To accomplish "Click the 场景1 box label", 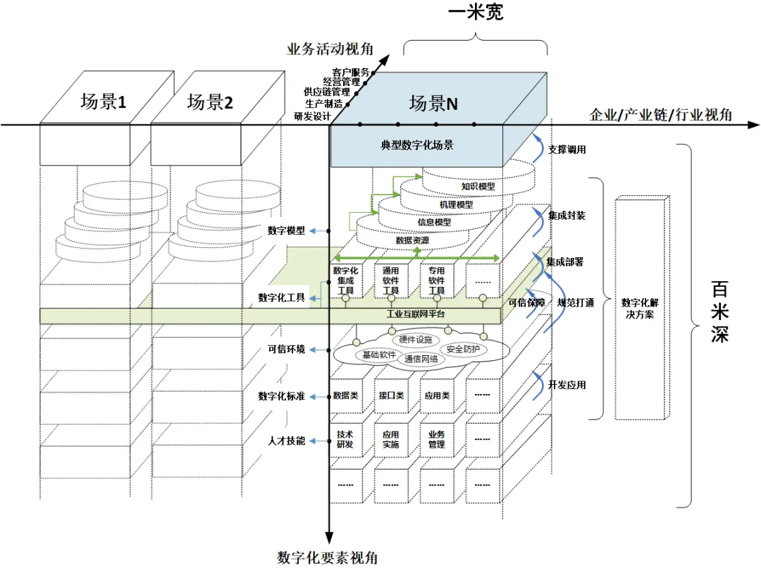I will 103,101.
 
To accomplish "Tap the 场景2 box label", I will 209,101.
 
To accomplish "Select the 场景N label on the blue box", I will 433,104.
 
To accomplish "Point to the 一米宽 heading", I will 476,12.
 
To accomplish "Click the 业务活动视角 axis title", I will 330,49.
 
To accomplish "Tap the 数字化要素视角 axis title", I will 328,557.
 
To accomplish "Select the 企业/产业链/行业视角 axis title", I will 660,115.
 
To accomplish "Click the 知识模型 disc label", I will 478,187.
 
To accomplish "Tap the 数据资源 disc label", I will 412,240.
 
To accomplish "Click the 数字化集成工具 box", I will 345,281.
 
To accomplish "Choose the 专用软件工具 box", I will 437,281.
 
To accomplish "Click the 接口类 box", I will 391,395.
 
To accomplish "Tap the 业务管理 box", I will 437,440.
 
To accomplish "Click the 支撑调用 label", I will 567,149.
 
